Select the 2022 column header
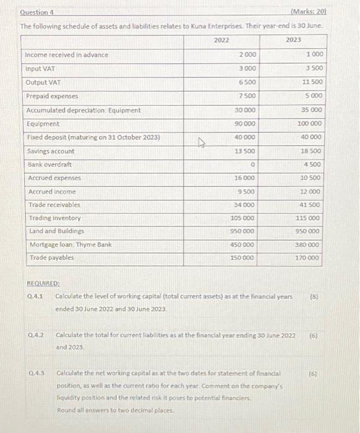(x=221, y=40)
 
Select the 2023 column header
(x=294, y=40)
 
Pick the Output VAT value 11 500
(x=311, y=82)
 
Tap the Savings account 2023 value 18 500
(x=311, y=151)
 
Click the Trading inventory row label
(x=53, y=218)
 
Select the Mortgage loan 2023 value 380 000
(x=309, y=244)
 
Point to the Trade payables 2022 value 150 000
(x=242, y=258)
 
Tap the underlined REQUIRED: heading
(x=43, y=283)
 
